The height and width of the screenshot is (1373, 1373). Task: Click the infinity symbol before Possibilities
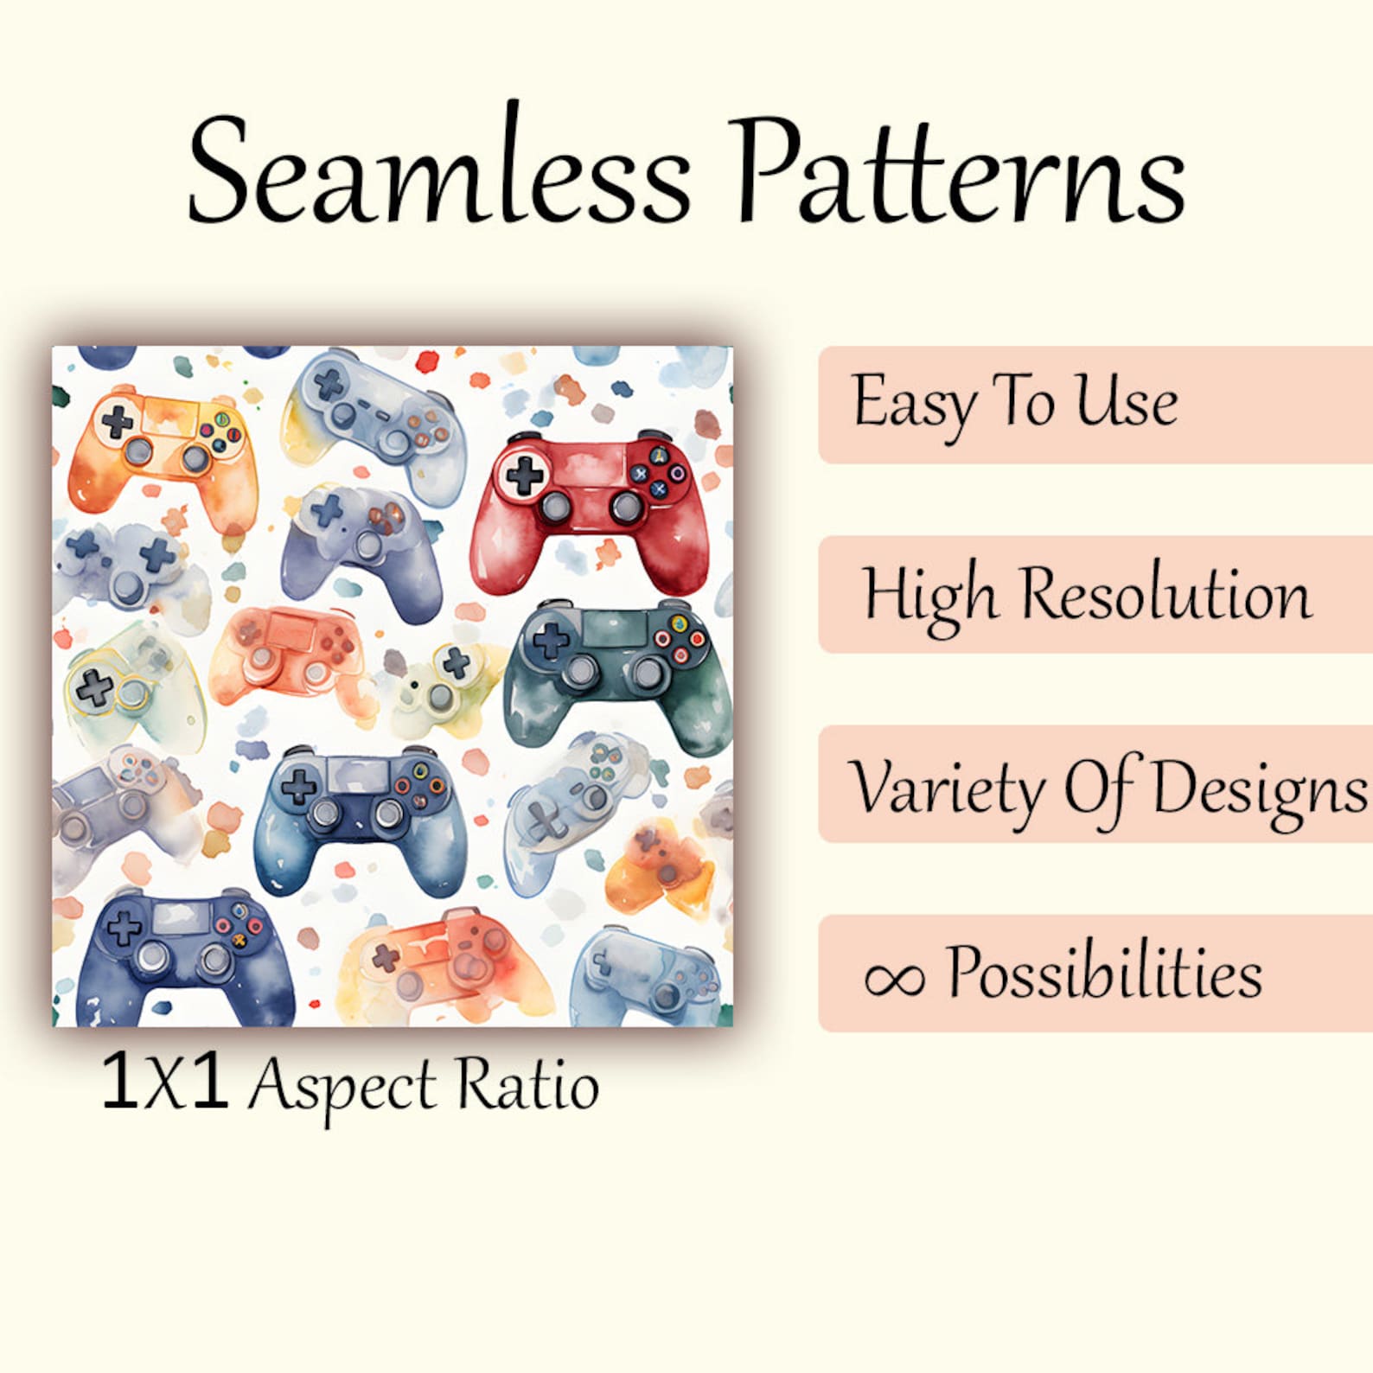894,978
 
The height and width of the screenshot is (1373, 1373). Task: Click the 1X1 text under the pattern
164,1081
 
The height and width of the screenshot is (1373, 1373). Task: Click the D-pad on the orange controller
118,422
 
